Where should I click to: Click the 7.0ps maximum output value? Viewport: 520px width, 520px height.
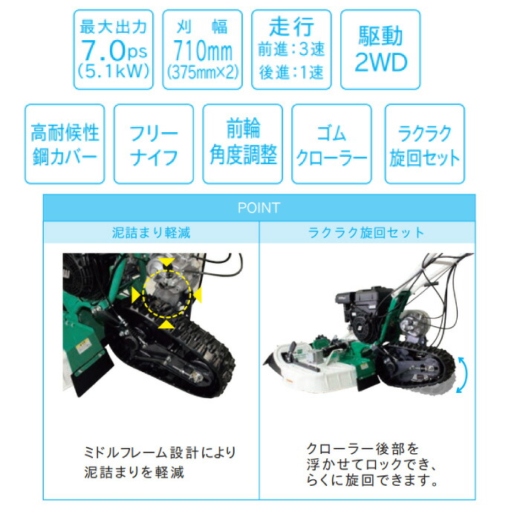click(x=114, y=50)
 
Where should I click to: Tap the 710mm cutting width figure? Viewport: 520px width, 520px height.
click(x=203, y=51)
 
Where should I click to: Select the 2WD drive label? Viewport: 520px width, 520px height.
click(x=380, y=62)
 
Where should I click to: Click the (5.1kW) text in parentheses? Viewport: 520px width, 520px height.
click(x=114, y=71)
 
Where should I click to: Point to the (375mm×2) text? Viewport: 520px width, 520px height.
click(x=203, y=72)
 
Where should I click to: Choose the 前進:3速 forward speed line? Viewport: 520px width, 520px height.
click(x=291, y=49)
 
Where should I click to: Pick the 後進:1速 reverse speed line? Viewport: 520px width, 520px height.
click(x=291, y=72)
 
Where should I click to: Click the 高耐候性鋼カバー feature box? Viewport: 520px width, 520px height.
click(x=65, y=144)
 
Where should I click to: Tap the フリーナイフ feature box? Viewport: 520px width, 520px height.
click(x=154, y=144)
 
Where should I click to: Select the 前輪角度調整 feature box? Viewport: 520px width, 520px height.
click(x=243, y=144)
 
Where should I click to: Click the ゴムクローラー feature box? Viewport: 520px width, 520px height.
click(x=331, y=144)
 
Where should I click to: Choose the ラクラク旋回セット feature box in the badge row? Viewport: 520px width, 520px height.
click(x=424, y=144)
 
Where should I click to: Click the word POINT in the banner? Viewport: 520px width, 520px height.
click(x=259, y=208)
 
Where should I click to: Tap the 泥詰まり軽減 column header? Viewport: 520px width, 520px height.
click(x=152, y=233)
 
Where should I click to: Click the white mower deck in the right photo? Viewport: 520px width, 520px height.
click(x=319, y=366)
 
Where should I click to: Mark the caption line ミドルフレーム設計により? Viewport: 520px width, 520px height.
click(x=160, y=452)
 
